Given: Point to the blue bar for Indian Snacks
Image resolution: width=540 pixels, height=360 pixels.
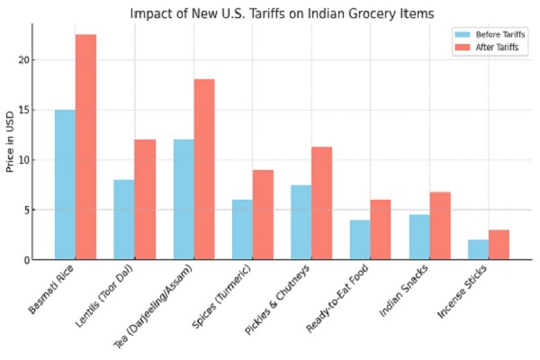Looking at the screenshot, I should tap(419, 238).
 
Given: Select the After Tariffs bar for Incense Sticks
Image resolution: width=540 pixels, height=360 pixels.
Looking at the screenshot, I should tap(499, 245).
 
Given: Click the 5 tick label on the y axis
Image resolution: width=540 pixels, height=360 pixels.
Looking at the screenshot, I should tap(26, 211).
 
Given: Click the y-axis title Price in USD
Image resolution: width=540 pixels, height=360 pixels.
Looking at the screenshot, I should tap(10, 142).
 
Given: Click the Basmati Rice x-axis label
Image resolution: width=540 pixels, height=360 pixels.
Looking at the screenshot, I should tap(52, 288).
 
